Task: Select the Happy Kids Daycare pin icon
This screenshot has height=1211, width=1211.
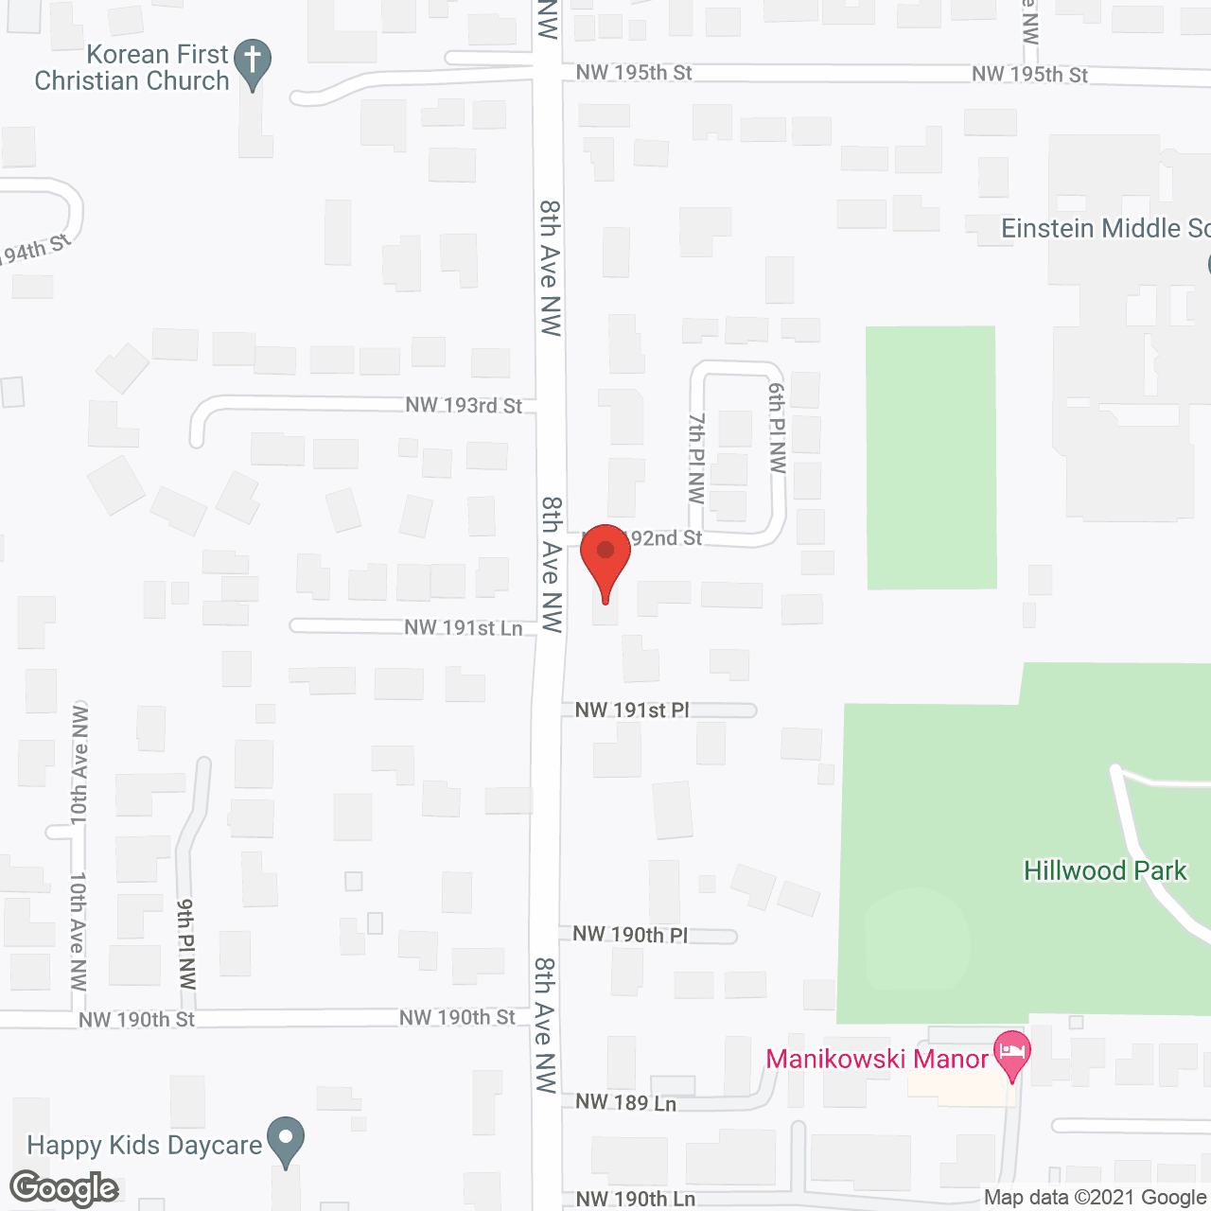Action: pos(284,1141)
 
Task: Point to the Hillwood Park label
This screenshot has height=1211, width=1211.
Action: pos(1105,870)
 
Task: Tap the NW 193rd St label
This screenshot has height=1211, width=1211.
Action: pos(464,406)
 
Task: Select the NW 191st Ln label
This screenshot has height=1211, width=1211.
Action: pos(463,628)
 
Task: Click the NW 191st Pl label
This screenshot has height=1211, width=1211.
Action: pos(632,711)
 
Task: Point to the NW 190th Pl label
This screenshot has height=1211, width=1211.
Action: pos(631,935)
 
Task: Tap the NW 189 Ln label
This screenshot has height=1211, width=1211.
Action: pos(625,1102)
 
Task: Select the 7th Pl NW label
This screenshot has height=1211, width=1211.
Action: pos(697,458)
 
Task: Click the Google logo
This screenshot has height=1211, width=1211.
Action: pos(63,1188)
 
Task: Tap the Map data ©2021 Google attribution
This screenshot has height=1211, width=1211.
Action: pos(1096,1198)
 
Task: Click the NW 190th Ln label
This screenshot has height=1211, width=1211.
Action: pos(635,1200)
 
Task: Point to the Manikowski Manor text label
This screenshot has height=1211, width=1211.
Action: pos(877,1059)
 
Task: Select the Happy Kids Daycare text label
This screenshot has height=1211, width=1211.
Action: pos(144,1146)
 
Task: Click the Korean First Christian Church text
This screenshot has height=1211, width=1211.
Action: pos(132,68)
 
